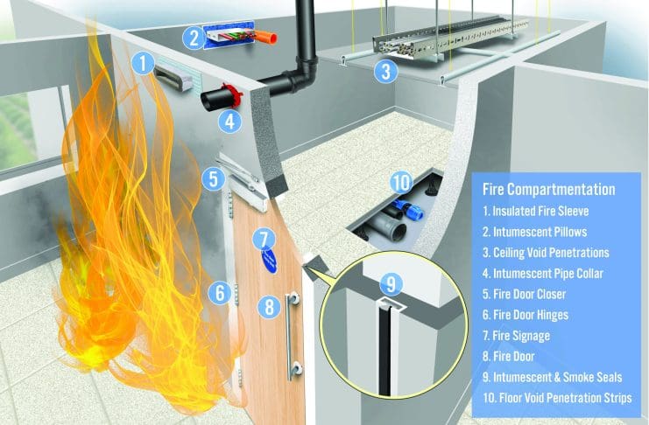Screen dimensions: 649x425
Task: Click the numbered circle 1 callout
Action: pyautogui.click(x=144, y=64)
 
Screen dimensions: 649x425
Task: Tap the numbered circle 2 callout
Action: pyautogui.click(x=194, y=38)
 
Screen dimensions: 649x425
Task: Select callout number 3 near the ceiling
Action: pyautogui.click(x=385, y=71)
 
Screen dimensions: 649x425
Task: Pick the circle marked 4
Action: pyautogui.click(x=229, y=122)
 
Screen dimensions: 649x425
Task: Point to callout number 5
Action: pyautogui.click(x=213, y=179)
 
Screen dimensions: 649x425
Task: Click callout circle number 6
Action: pyautogui.click(x=220, y=293)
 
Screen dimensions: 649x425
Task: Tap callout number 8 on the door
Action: pyautogui.click(x=269, y=307)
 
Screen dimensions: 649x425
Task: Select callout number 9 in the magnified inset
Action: pyautogui.click(x=392, y=283)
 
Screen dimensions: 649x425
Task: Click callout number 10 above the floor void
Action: pyautogui.click(x=401, y=183)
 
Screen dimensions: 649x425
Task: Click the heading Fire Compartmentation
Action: pyautogui.click(x=549, y=190)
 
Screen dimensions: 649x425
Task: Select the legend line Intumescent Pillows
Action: pyautogui.click(x=535, y=232)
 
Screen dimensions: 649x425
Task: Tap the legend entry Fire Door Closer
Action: pyautogui.click(x=524, y=294)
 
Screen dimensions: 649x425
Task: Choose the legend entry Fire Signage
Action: pyautogui.click(x=516, y=336)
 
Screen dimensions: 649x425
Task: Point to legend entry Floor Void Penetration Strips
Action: pyautogui.click(x=557, y=398)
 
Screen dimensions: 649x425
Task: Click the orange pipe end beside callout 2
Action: pyautogui.click(x=265, y=37)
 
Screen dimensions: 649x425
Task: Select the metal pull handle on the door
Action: pyautogui.click(x=293, y=335)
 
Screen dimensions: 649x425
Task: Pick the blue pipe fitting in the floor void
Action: pyautogui.click(x=409, y=208)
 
